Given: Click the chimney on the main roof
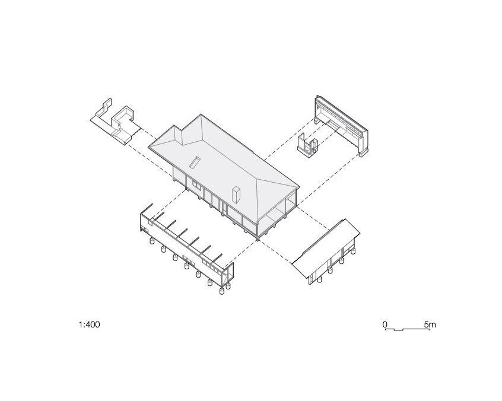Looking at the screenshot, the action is click(236, 194).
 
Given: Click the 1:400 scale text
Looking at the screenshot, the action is click(90, 324).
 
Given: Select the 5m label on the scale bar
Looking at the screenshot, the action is click(430, 324).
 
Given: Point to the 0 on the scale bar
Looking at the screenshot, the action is click(385, 324).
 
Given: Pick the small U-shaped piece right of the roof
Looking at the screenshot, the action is click(308, 145).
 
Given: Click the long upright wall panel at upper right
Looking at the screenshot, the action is click(341, 125).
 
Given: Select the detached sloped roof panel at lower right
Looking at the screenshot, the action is click(326, 249).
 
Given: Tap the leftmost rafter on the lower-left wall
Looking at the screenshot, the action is click(147, 209).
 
